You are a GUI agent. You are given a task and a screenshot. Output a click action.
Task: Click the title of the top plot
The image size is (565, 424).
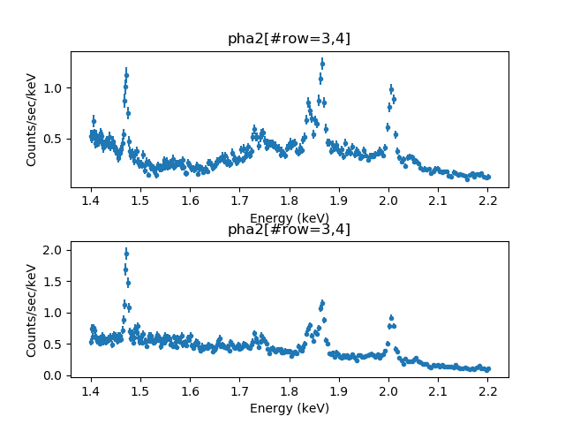(289, 38)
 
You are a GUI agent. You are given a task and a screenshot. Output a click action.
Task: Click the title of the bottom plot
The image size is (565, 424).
(289, 230)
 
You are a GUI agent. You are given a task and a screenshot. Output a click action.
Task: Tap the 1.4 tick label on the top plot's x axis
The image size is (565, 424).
(91, 201)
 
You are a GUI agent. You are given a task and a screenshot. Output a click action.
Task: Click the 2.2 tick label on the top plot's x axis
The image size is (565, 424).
(488, 201)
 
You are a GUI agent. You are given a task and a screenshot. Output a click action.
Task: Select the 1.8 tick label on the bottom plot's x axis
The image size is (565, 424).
(290, 391)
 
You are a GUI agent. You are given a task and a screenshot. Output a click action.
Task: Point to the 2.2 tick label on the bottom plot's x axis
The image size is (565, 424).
(488, 391)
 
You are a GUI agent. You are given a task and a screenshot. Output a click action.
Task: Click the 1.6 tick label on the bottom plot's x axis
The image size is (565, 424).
(191, 391)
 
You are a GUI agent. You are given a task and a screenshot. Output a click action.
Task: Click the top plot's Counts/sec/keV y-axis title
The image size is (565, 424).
(31, 119)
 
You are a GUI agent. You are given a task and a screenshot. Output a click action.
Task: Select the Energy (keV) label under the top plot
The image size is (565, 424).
(290, 217)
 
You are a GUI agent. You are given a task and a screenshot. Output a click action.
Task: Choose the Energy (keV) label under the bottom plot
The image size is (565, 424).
(290, 408)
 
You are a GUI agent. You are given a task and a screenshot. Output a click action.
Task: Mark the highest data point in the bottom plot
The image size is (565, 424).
(126, 254)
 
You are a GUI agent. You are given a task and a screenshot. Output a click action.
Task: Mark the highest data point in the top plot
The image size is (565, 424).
(322, 63)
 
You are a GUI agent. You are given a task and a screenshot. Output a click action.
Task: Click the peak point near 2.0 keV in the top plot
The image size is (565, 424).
(391, 88)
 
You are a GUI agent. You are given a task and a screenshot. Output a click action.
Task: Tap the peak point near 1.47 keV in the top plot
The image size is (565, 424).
(126, 74)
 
